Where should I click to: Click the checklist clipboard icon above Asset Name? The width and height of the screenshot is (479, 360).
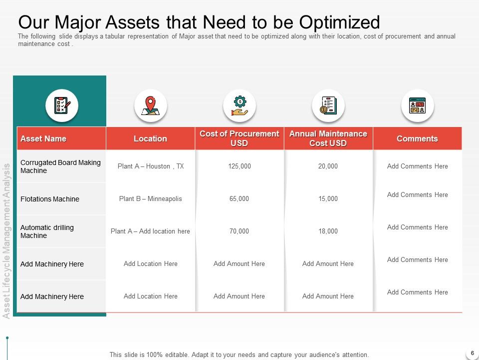coord(62,105)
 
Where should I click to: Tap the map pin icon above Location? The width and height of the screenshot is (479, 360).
coord(150,105)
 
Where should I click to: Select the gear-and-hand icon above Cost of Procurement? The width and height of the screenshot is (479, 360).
coord(239,105)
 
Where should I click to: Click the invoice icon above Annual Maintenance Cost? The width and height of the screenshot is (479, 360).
coord(328,105)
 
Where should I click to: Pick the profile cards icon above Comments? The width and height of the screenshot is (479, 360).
coord(417,105)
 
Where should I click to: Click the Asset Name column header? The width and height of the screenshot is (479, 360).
coord(43,138)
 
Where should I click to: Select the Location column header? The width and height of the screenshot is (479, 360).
coord(150,138)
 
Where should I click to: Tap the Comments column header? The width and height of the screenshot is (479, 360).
coord(417,138)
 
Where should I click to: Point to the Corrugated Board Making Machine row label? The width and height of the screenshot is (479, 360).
coord(60,166)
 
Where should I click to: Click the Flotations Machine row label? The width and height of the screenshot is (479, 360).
coord(50,199)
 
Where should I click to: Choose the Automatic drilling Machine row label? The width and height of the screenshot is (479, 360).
coord(47,231)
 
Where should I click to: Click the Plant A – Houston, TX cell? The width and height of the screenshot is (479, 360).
coord(151,166)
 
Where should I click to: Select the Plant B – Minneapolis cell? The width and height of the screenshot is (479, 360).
coord(150,198)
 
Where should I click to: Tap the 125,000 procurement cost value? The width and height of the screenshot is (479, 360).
coord(239,166)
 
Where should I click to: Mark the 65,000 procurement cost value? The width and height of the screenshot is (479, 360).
coord(239,198)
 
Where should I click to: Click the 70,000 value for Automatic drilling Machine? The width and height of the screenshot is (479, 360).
coord(239,231)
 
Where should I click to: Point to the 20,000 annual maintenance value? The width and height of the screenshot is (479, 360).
coord(328,166)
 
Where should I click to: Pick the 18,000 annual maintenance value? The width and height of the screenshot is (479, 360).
coord(328,231)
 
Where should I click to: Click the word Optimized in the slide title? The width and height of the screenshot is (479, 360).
coord(339,22)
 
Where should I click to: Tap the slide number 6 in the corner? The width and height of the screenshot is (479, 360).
coord(473,353)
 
